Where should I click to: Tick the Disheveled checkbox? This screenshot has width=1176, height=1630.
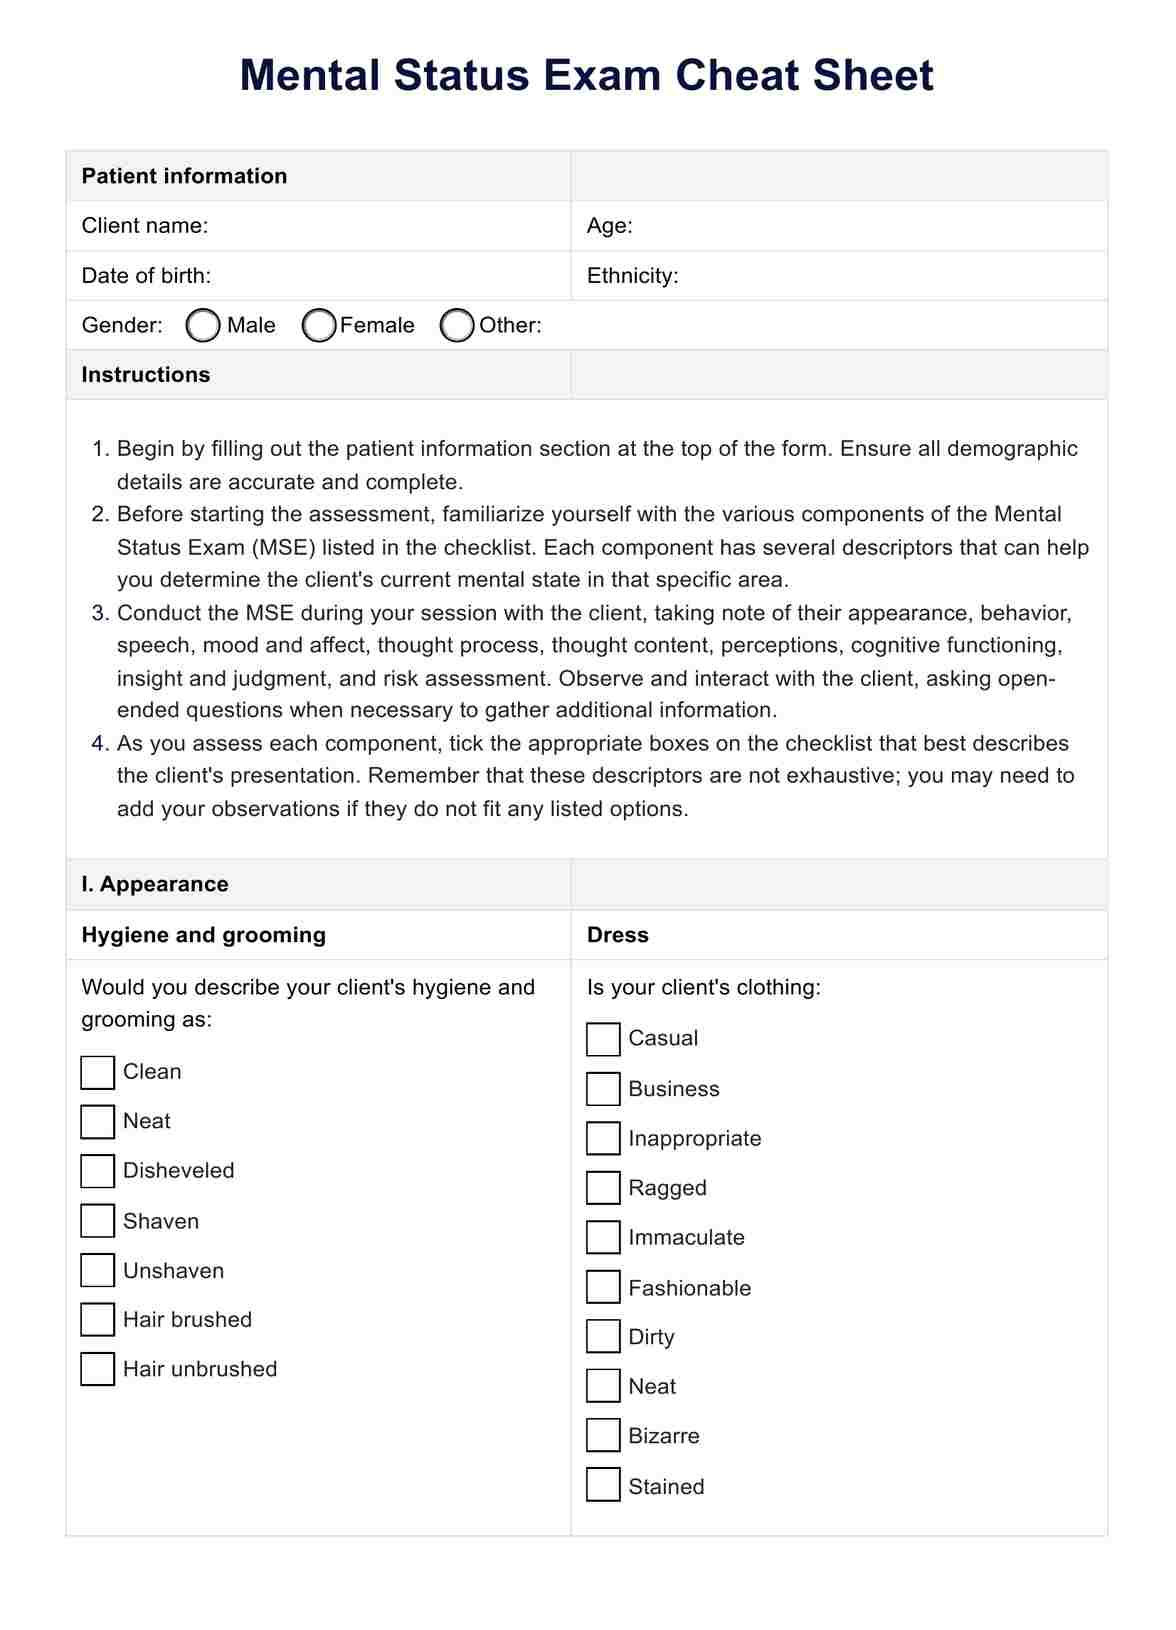click(x=97, y=1171)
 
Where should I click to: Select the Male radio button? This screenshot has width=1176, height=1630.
click(x=203, y=325)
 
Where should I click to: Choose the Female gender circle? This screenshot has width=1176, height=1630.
click(x=319, y=325)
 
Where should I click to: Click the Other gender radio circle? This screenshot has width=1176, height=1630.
click(x=457, y=325)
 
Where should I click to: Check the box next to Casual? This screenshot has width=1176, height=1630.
click(x=603, y=1039)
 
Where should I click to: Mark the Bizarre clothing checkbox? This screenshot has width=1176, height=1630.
click(x=603, y=1435)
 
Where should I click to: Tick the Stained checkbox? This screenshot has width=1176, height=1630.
click(x=603, y=1485)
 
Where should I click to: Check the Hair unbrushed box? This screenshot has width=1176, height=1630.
click(x=97, y=1369)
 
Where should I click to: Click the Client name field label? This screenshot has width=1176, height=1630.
click(x=145, y=226)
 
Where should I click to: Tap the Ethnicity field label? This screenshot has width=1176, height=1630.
click(x=632, y=276)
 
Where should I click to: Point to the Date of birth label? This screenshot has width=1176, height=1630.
click(x=146, y=276)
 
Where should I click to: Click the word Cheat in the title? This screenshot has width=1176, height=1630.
click(x=735, y=76)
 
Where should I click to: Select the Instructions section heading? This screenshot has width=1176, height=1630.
click(x=146, y=375)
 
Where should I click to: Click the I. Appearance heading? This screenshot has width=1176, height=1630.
click(x=155, y=884)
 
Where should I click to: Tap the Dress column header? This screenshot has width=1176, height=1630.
click(x=617, y=935)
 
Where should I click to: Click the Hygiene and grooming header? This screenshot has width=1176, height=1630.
click(x=204, y=935)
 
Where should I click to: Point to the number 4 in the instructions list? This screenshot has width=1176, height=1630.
click(x=98, y=743)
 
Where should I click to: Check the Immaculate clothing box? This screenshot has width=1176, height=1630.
click(x=603, y=1237)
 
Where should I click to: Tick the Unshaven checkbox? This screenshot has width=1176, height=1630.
click(x=97, y=1270)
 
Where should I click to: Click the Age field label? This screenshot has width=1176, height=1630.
click(x=609, y=226)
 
